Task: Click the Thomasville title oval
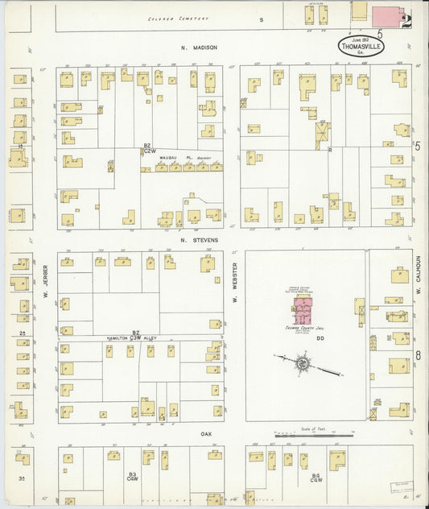[x=361, y=46]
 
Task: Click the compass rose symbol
[x=301, y=365]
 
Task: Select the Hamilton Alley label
[x=130, y=338]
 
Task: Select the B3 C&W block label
[x=132, y=478]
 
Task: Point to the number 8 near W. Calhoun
[x=419, y=354]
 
